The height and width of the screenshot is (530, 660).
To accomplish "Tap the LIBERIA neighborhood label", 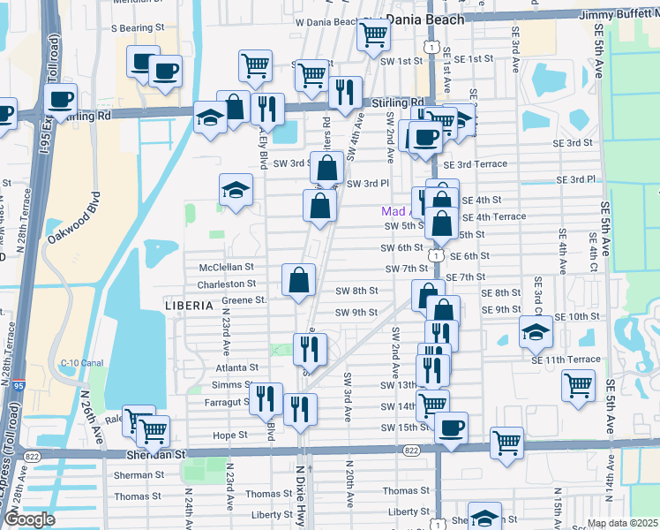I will click(190, 305).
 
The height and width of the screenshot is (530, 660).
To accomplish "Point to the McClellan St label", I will click(227, 266).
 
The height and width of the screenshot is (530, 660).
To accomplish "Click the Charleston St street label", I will click(226, 284).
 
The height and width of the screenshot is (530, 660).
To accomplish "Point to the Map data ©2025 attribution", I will click(623, 523).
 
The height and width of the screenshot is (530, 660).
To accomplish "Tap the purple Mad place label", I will click(394, 212).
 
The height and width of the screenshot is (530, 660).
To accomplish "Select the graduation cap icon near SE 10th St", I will click(536, 332).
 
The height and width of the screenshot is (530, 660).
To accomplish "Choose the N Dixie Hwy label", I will click(300, 500).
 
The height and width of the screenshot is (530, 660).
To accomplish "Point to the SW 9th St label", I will click(356, 313).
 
